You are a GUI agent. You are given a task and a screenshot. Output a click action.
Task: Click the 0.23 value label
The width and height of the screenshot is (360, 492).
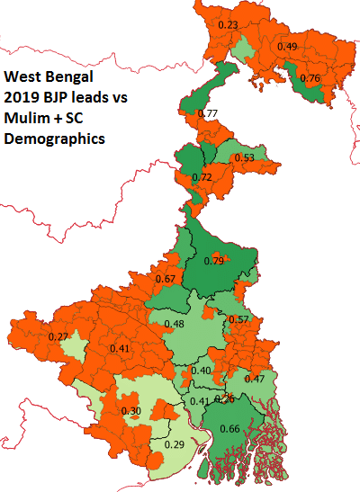tap(229, 25)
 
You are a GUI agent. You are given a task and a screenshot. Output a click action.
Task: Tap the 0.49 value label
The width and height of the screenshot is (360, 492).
tap(287, 47)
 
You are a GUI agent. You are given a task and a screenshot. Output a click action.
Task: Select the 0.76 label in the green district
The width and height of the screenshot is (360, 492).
tap(309, 78)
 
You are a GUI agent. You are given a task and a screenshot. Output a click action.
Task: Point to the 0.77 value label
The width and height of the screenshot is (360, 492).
tap(208, 113)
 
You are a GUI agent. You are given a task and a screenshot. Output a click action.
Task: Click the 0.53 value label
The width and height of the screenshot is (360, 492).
tap(243, 158)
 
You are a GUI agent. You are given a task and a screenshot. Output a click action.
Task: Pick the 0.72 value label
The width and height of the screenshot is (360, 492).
tap(203, 178)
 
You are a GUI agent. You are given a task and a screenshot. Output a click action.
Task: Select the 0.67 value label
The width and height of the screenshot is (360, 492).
tap(165, 279)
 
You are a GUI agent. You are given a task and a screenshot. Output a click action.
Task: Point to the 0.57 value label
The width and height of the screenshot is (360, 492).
tap(238, 319)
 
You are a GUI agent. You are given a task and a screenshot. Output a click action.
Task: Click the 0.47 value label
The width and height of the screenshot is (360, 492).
tap(254, 380)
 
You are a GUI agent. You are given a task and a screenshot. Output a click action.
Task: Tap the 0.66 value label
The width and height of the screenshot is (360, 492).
tap(229, 430)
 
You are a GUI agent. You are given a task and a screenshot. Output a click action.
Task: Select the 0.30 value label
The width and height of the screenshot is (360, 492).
tap(131, 411)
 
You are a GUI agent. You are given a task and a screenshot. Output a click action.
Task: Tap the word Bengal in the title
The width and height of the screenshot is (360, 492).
tap(67, 77)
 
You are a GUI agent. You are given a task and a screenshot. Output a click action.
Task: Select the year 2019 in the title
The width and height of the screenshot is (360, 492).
tap(22, 98)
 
